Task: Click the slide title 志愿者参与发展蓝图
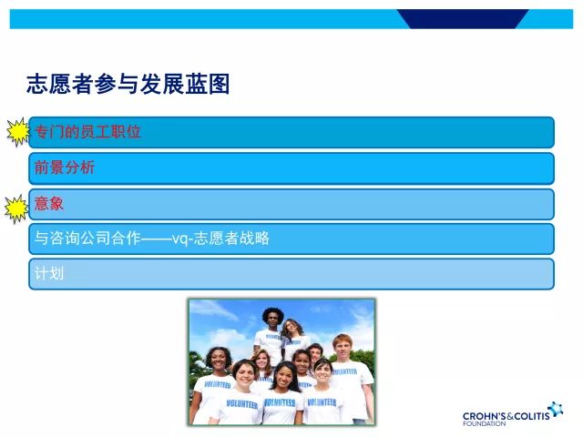coord(128,85)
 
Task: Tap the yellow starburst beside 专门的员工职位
coord(17,133)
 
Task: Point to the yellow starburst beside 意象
coord(17,208)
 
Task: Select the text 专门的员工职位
coord(87,132)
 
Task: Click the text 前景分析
coord(64,168)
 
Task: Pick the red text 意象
coord(49,203)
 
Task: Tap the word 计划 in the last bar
coord(49,273)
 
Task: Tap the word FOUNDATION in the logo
coord(484,424)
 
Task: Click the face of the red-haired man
coord(342,347)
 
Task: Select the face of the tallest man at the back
coord(272,319)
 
